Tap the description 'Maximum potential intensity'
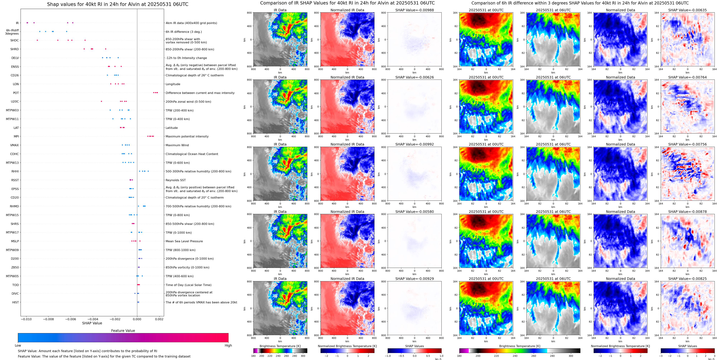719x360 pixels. coord(187,137)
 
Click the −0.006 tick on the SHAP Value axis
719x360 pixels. coord(71,319)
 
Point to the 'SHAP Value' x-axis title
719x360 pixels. coord(92,323)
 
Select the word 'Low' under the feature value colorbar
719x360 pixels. coord(18,345)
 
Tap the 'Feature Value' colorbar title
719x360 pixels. coord(123,331)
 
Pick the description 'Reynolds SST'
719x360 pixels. coord(175,180)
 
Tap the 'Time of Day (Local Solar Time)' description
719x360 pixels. coord(188,285)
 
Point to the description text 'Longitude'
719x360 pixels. coord(173,84)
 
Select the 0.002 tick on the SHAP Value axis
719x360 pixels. coord(159,319)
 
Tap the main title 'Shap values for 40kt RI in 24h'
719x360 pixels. coord(117,4)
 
